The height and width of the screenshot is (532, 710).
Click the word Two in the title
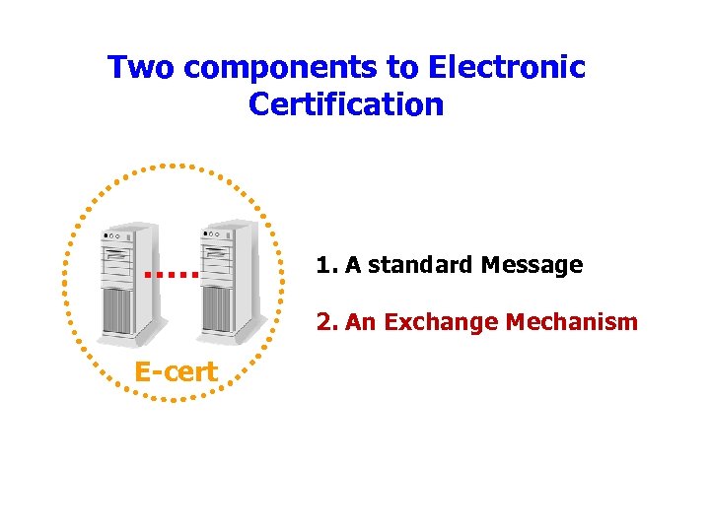pyautogui.click(x=141, y=68)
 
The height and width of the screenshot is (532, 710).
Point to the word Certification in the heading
pyautogui.click(x=346, y=103)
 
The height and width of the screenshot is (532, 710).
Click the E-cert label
pyautogui.click(x=177, y=371)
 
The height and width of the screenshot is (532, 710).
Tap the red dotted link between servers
pyautogui.click(x=173, y=274)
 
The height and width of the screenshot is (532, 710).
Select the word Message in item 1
pyautogui.click(x=532, y=265)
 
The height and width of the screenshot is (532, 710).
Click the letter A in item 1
pyautogui.click(x=351, y=265)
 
